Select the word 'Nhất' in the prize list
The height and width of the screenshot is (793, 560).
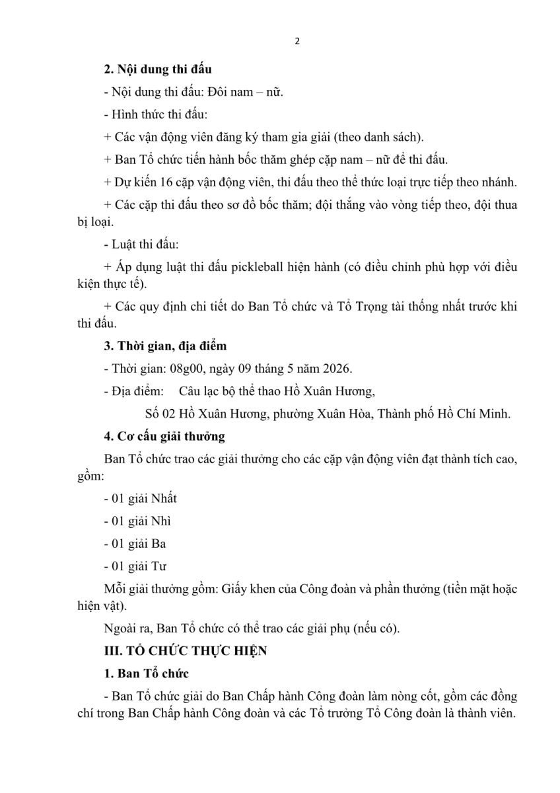(164, 498)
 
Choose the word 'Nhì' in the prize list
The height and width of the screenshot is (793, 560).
(161, 521)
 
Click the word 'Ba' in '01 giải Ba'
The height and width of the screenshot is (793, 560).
(158, 543)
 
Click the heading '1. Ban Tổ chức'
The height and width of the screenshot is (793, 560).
(146, 673)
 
